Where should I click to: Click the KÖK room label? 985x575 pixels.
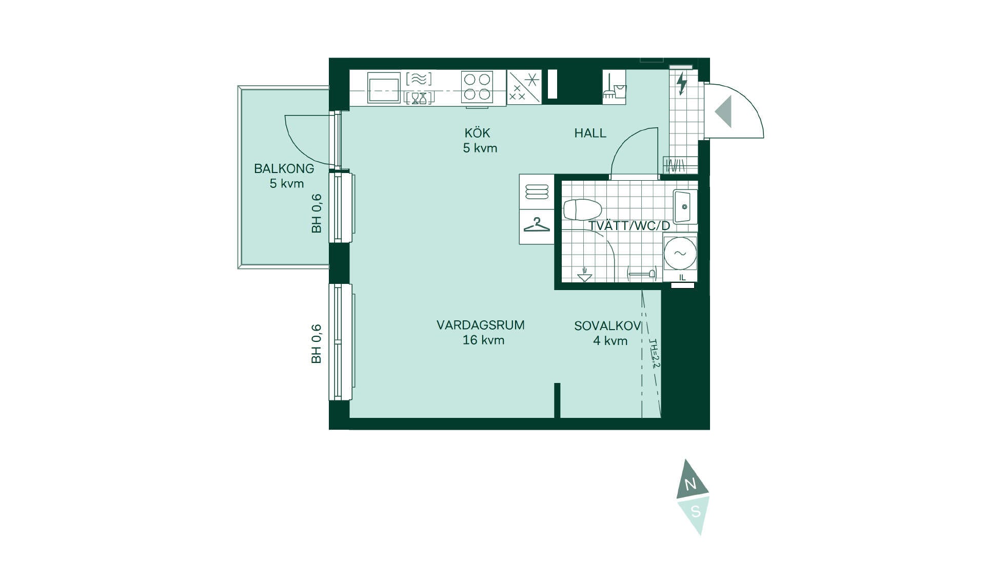[477, 133]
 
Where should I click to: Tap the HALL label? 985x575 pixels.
[590, 133]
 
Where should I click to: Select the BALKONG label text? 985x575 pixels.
[284, 168]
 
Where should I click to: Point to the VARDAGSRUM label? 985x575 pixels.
[480, 325]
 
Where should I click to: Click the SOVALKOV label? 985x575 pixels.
[607, 326]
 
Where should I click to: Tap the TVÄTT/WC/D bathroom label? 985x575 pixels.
[629, 226]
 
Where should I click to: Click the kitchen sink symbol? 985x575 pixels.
[384, 88]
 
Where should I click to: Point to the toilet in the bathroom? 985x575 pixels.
[582, 209]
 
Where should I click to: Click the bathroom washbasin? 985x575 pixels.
[685, 206]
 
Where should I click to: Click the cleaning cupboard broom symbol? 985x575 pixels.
[614, 86]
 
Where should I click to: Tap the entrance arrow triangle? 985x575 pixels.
[723, 112]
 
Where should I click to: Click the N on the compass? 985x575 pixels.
[691, 484]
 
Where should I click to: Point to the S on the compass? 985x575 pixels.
[696, 511]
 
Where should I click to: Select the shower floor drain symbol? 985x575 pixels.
[584, 275]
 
